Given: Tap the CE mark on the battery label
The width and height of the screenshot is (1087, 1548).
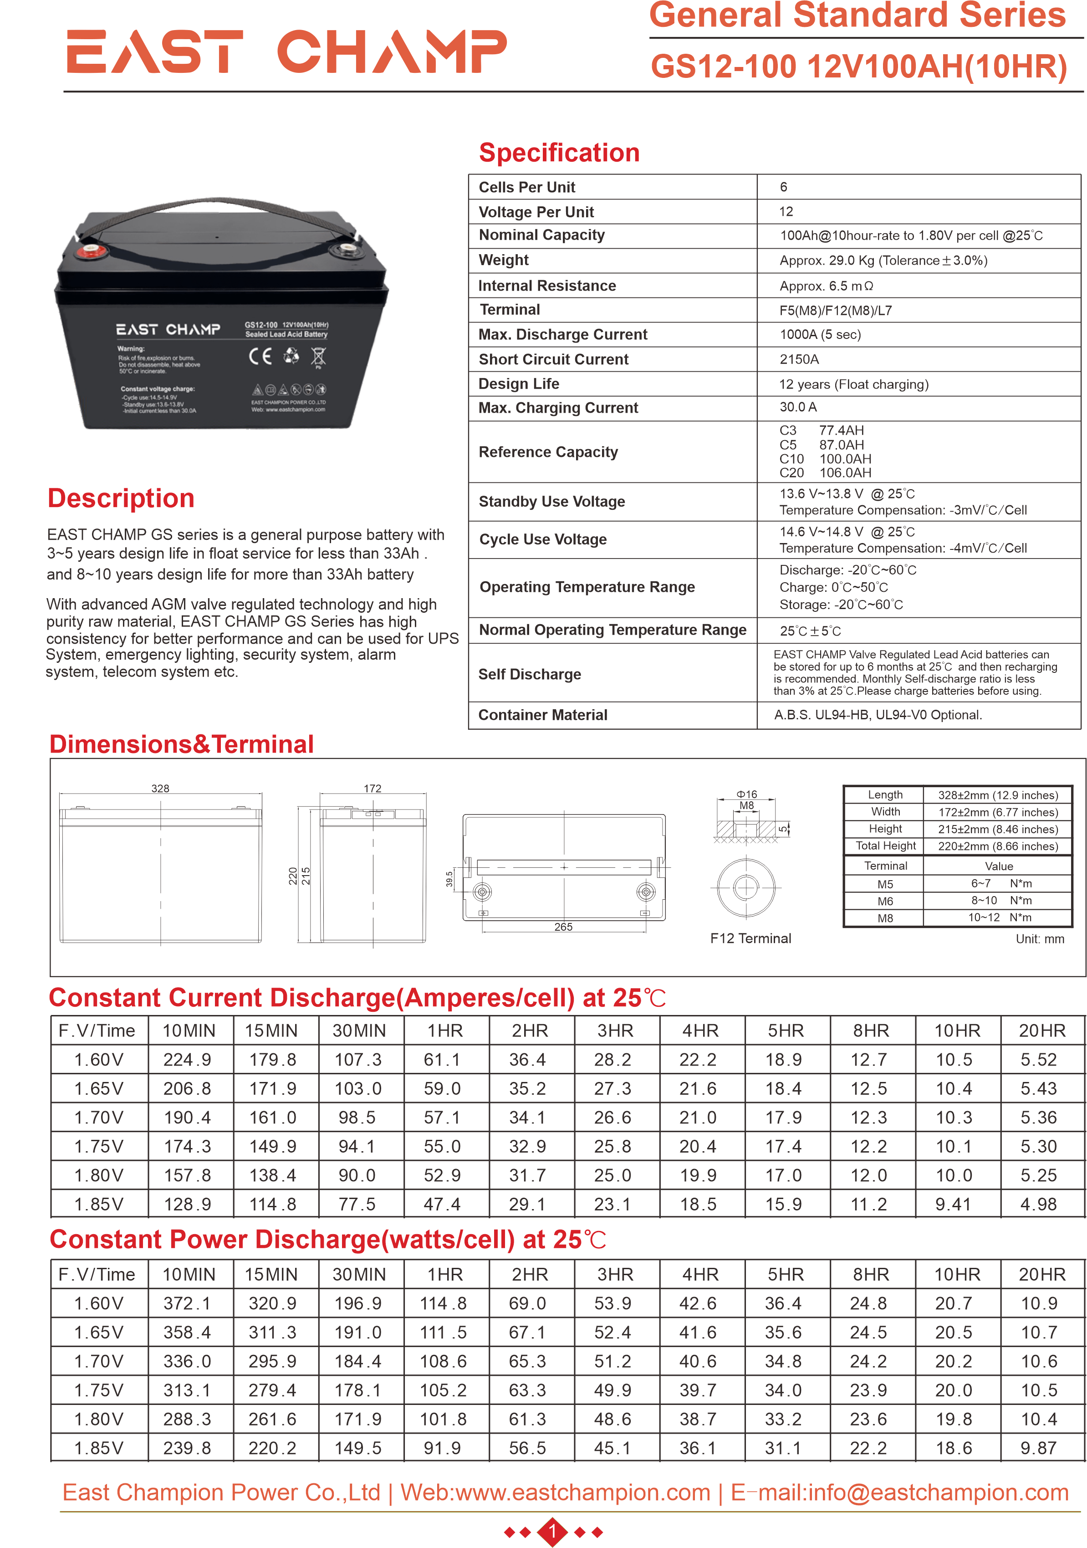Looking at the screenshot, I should coord(260,356).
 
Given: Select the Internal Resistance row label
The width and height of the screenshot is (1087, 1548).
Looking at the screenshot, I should coord(546,286).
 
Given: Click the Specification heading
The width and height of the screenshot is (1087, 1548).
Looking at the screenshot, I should coord(559,153).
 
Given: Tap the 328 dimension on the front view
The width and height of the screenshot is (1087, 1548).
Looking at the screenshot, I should coord(160,788).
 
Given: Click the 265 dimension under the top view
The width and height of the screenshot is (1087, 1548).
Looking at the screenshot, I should coord(563,927).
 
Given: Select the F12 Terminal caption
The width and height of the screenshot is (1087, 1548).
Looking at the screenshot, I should coord(750,938).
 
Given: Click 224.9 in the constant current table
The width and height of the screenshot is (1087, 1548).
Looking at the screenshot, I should coord(187,1060).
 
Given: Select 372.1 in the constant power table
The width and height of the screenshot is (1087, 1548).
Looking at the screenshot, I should coord(187,1304).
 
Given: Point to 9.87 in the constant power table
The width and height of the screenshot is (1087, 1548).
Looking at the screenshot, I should coord(1038,1448).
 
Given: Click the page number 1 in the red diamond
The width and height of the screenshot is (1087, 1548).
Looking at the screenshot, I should coord(552,1532).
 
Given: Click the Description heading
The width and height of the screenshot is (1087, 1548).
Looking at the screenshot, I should coord(121,498).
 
